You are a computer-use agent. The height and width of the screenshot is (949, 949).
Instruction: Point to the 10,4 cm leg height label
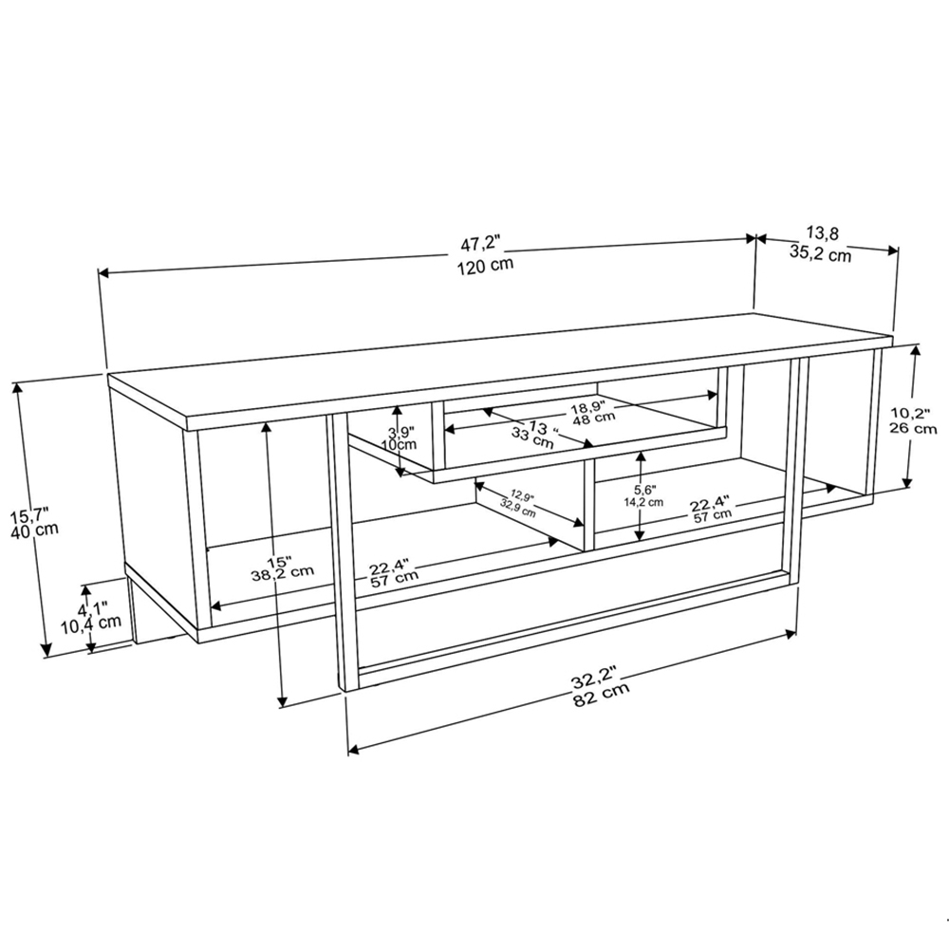[90, 623]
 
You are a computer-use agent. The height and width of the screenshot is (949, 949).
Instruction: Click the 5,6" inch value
[643, 491]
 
